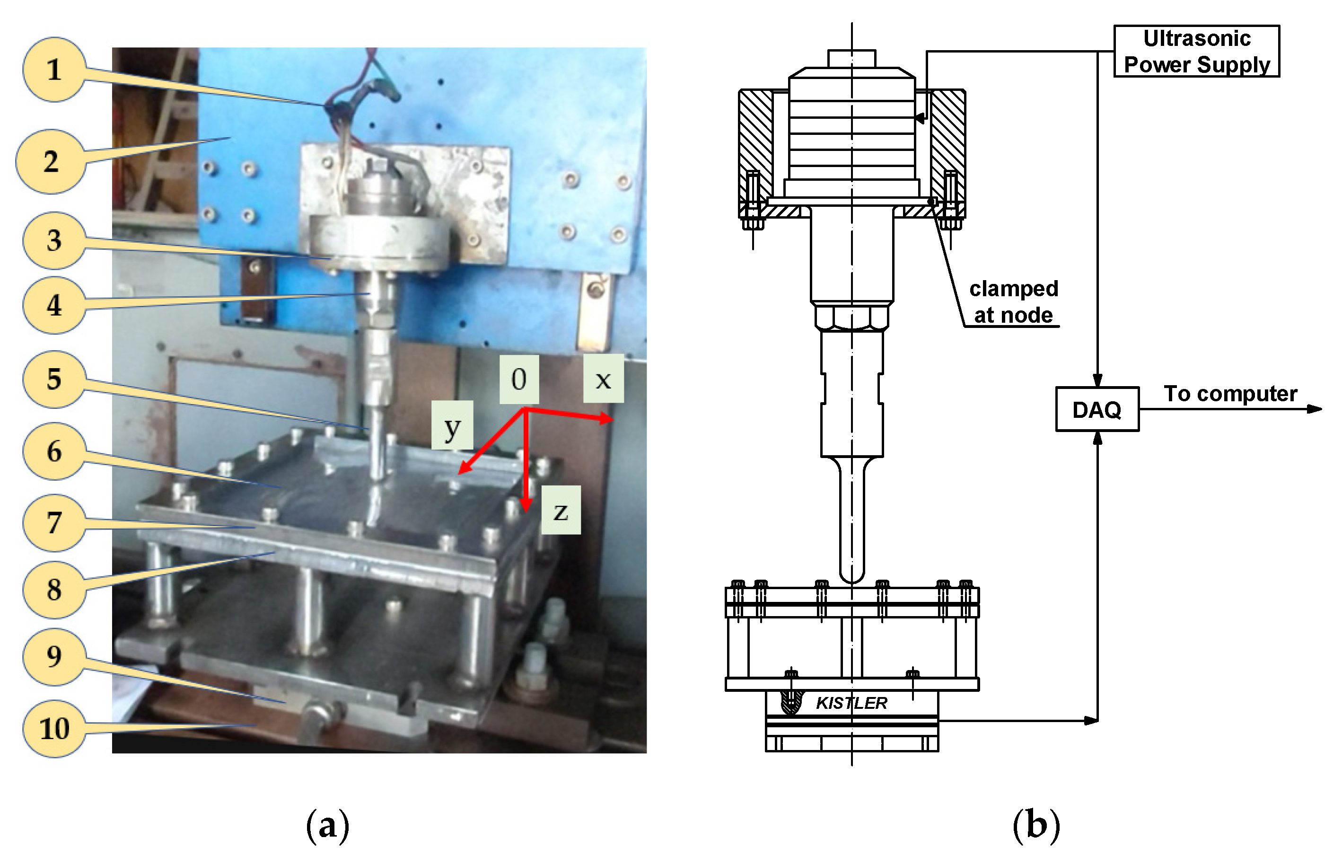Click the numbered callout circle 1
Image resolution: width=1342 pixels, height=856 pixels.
[53, 70]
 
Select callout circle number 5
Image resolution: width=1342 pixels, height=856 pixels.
[53, 379]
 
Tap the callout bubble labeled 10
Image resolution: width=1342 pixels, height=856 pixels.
[54, 728]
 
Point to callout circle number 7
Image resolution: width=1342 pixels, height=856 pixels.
[53, 522]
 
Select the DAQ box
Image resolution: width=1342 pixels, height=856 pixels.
[1097, 409]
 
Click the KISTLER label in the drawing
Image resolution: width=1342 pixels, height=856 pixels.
[851, 703]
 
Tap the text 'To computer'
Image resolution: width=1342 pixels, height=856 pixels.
[1230, 394]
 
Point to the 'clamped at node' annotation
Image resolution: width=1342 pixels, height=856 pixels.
[1013, 302]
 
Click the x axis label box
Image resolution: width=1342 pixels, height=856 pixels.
[603, 379]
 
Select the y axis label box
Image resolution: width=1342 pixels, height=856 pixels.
[452, 425]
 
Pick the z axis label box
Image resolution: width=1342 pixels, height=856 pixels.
[561, 510]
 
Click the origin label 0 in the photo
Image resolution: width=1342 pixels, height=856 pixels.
[519, 379]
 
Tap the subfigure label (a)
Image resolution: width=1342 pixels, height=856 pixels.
[328, 824]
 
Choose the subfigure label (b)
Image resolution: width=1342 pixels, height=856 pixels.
[1035, 824]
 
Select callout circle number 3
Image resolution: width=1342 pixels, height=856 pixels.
[53, 240]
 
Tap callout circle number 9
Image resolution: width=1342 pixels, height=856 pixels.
[53, 656]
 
